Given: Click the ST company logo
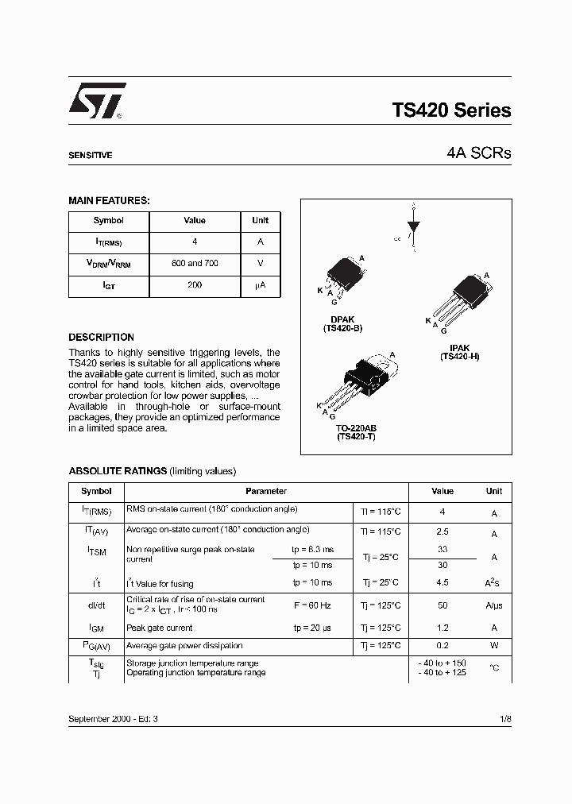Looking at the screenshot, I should pyautogui.click(x=95, y=102).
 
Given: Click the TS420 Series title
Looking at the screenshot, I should pyautogui.click(x=451, y=111).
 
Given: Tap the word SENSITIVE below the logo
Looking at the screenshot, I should pyautogui.click(x=90, y=156).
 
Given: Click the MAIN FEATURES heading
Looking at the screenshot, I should pyautogui.click(x=109, y=201).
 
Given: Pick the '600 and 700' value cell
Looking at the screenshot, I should pyautogui.click(x=195, y=263).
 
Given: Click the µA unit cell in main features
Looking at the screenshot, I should pyautogui.click(x=260, y=284).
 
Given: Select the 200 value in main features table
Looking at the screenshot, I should pyautogui.click(x=195, y=284).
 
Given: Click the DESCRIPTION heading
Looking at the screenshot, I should pyautogui.click(x=101, y=338).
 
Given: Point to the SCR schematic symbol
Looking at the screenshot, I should pyautogui.click(x=412, y=228).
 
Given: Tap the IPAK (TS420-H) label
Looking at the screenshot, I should pyautogui.click(x=459, y=353).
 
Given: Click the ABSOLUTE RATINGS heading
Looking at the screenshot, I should pyautogui.click(x=118, y=471).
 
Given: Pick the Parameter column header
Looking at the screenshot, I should pyautogui.click(x=266, y=492).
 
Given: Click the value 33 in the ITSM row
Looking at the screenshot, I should pyautogui.click(x=443, y=549).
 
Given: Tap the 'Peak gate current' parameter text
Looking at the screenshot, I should pyautogui.click(x=160, y=628).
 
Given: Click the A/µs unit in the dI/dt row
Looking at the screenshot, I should pyautogui.click(x=494, y=605).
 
